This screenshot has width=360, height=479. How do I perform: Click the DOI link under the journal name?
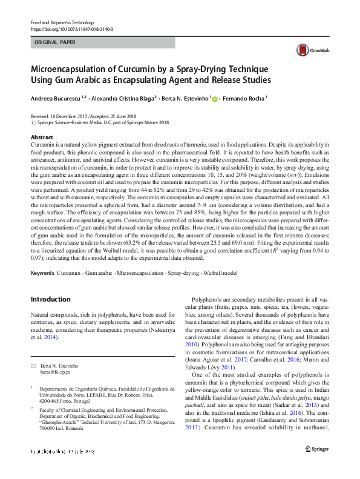(71, 29)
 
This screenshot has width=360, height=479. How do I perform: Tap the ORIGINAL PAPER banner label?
(54, 43)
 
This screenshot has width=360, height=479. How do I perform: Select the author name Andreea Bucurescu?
(56, 97)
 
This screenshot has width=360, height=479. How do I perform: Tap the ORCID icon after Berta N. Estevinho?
(214, 97)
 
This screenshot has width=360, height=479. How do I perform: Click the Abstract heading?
(42, 137)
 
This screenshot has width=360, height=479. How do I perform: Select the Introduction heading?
(51, 299)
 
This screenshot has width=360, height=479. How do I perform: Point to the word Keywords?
(43, 273)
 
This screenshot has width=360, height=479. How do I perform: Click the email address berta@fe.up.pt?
(54, 373)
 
